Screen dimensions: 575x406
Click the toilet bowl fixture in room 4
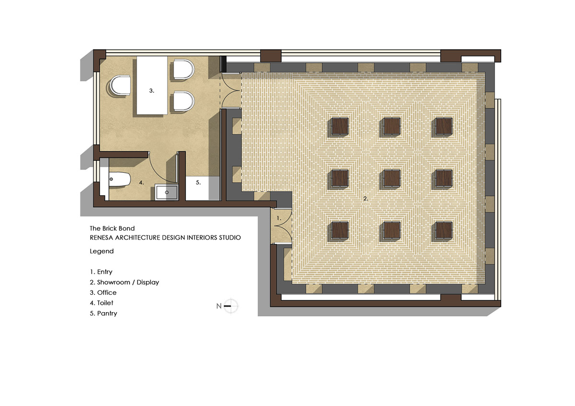(x=120, y=180)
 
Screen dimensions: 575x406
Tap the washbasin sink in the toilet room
(x=166, y=192)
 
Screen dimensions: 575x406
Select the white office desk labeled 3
(x=152, y=85)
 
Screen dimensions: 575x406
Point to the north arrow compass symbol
(x=230, y=306)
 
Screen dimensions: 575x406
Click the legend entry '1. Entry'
(x=101, y=271)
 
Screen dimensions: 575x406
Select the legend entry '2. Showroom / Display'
(x=125, y=282)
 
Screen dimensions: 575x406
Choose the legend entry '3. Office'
(x=103, y=293)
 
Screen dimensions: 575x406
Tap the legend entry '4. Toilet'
(x=102, y=303)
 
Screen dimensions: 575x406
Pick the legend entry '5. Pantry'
(x=103, y=314)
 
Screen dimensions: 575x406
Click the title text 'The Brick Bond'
(x=112, y=228)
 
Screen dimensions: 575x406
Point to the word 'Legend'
(x=102, y=251)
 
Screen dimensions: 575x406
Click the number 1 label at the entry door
(x=279, y=218)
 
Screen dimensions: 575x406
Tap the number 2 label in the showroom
(x=366, y=199)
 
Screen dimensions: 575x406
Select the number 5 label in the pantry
(x=198, y=182)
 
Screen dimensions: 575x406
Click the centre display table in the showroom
(x=392, y=178)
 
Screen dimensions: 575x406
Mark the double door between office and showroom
(x=230, y=91)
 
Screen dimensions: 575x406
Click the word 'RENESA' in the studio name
(x=102, y=238)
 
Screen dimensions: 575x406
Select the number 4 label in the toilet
(x=141, y=182)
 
